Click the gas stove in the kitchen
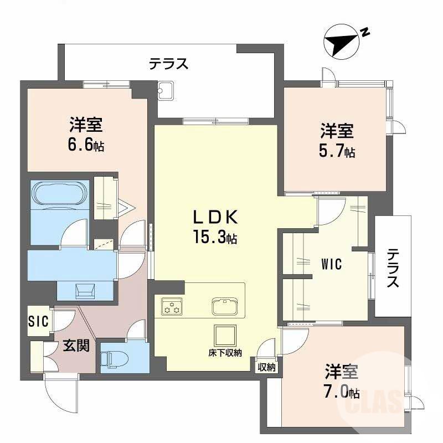tap(172, 306)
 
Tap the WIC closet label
tap(332, 265)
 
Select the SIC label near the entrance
tap(39, 321)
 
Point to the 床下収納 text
tap(225, 353)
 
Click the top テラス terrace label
tap(168, 64)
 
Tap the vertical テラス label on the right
tap(393, 268)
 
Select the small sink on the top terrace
tap(166, 91)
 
